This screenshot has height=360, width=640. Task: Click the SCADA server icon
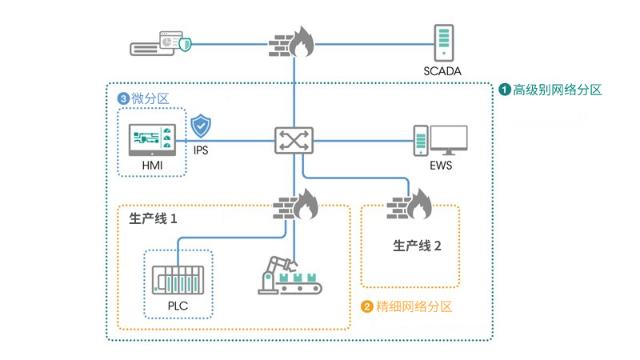click(443, 42)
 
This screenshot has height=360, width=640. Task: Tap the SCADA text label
click(443, 72)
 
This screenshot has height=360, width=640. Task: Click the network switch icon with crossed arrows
click(294, 141)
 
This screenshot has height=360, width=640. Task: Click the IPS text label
click(201, 149)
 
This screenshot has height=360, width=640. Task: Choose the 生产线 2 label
click(417, 246)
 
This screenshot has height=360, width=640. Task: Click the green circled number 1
click(505, 90)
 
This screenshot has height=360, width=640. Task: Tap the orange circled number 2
click(367, 306)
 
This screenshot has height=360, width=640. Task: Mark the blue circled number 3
click(122, 98)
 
